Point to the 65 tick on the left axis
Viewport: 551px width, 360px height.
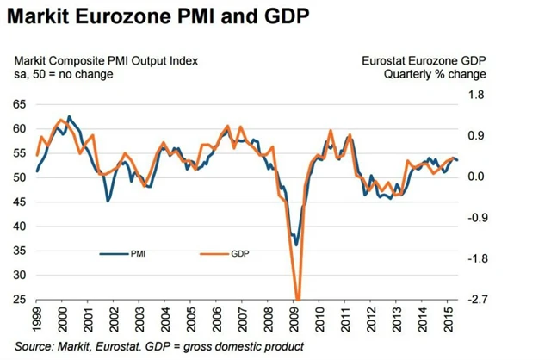[20, 104]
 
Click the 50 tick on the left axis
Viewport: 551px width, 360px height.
[20, 177]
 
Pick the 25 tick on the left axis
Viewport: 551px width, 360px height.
[20, 300]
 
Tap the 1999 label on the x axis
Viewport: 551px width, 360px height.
[38, 320]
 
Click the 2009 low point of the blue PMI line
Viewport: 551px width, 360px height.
[297, 245]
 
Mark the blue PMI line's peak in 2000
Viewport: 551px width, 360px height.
[69, 116]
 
